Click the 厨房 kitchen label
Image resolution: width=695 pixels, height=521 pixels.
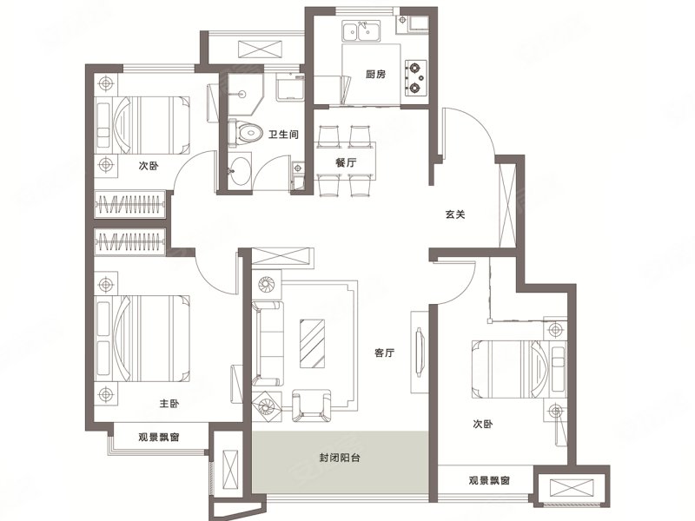(x=376, y=76)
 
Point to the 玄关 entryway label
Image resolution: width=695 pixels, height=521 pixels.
(x=457, y=215)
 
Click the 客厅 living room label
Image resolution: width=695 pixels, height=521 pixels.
(x=385, y=353)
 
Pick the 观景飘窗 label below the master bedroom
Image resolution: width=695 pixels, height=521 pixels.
(x=158, y=437)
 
